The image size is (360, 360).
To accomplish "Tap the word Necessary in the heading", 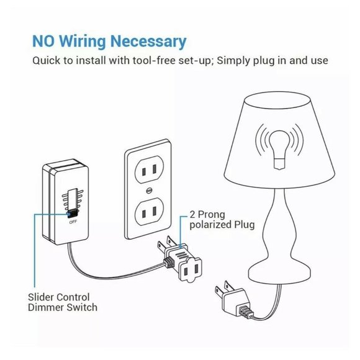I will click(x=150, y=42).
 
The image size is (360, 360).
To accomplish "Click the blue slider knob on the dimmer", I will click(x=72, y=213).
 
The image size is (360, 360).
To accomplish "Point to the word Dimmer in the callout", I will click(x=46, y=307).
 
